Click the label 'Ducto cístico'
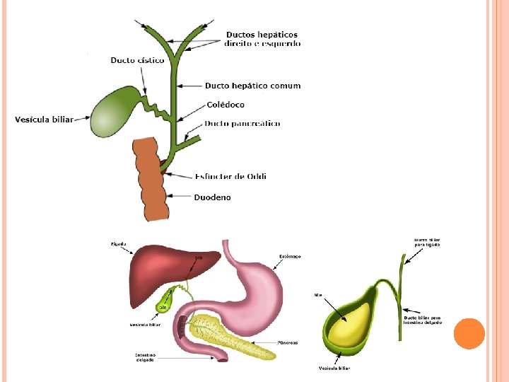point(137,60)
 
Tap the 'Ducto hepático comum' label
point(252,86)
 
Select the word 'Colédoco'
point(226,105)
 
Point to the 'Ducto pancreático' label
point(242,124)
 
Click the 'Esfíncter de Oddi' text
point(230,176)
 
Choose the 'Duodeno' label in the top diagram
point(212,197)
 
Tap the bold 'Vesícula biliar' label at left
point(44,120)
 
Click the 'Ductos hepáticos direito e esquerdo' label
point(262,39)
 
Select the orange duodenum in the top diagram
point(153,180)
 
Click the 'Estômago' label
point(290,256)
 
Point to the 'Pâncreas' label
point(288,342)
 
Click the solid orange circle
point(469,333)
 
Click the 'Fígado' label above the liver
point(118,244)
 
